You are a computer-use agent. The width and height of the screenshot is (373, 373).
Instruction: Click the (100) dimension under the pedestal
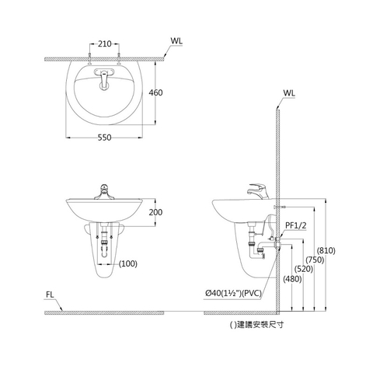point(129,263)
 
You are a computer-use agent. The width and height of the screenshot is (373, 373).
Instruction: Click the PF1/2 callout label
point(295,226)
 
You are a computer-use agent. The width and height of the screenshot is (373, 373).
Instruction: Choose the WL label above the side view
point(289,92)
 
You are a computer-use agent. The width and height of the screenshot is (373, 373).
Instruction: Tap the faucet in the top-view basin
point(103,77)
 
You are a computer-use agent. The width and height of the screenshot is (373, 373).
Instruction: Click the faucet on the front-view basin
point(104,190)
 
